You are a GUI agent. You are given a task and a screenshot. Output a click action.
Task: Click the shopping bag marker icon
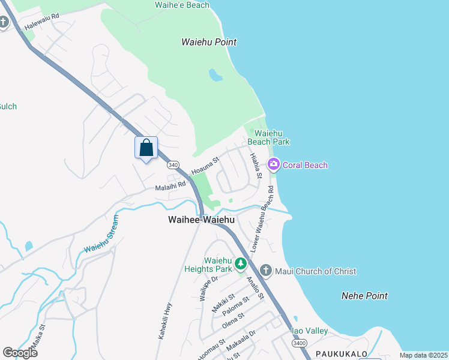(x=146, y=148)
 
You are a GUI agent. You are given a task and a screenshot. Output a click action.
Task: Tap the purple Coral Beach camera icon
(x=274, y=164)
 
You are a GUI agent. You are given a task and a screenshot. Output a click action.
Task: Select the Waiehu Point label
(x=209, y=42)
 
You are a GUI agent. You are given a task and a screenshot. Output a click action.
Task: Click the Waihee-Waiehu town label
(x=201, y=220)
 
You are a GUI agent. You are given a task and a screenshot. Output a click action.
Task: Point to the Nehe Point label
(x=364, y=296)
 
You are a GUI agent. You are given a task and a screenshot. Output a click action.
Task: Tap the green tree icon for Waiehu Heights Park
(x=240, y=263)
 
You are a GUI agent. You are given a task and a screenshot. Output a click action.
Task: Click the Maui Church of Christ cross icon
(x=266, y=271)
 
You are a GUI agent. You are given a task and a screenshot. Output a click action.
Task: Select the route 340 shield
(x=172, y=164)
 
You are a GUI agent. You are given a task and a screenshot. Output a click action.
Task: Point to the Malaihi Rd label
(x=170, y=186)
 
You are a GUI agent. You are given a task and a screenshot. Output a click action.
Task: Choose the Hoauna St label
(x=205, y=166)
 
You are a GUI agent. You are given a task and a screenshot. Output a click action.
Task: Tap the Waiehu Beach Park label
(x=272, y=137)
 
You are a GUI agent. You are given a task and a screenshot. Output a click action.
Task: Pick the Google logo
(x=20, y=352)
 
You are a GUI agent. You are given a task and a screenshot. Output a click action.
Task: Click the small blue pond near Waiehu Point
(x=214, y=75)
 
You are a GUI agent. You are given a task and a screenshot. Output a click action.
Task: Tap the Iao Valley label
(x=309, y=331)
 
